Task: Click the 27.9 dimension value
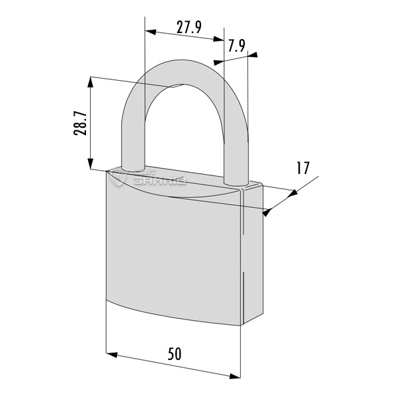coord(189,27)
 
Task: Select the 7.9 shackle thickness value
coord(237,46)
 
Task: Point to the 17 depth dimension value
coord(303,167)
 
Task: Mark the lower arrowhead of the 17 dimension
coord(267,212)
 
